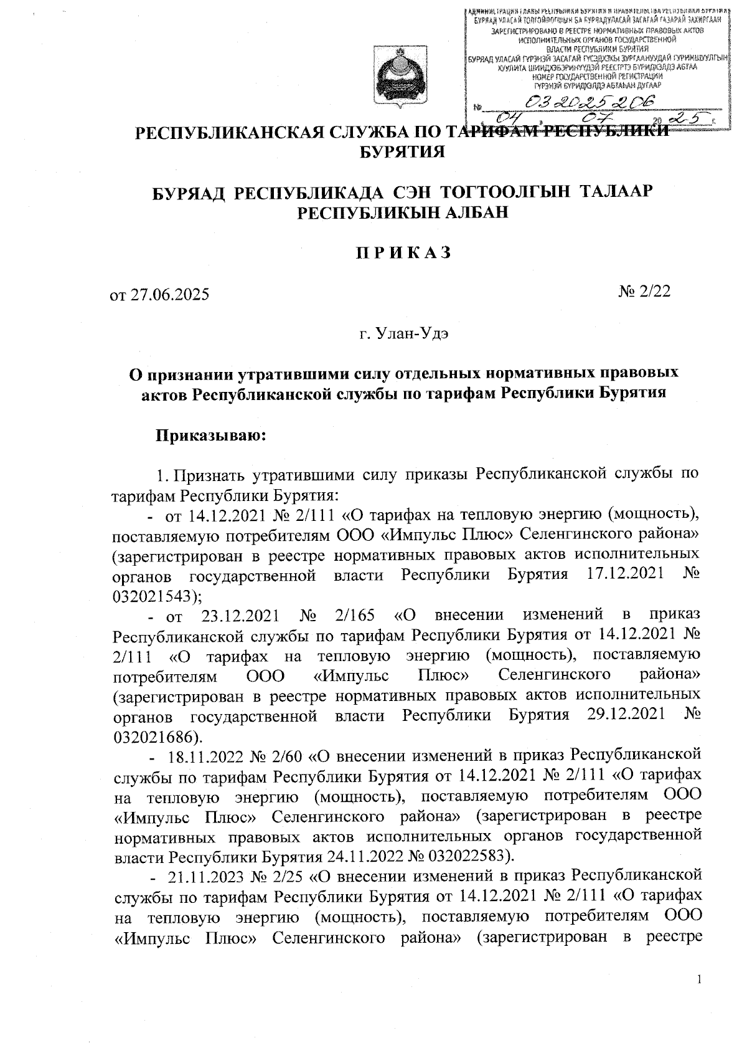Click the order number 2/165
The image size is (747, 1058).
(355, 616)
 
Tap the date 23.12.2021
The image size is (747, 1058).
(241, 616)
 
